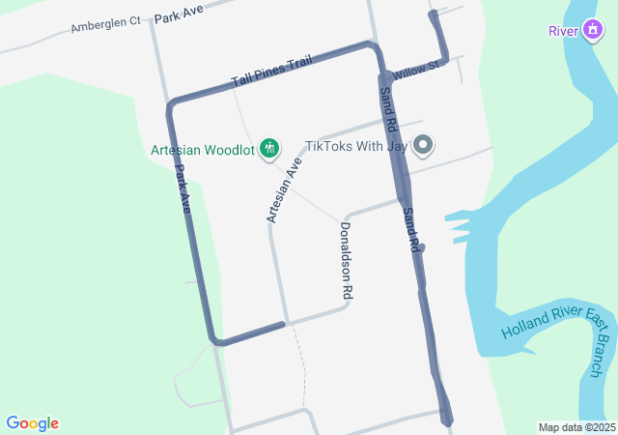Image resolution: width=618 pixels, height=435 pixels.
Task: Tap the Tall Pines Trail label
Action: point(270,72)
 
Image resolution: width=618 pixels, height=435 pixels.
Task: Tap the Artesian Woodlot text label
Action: point(202,150)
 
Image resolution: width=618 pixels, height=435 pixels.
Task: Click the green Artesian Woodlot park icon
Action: point(269,149)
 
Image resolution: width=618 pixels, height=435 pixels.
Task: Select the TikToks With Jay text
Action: point(356,146)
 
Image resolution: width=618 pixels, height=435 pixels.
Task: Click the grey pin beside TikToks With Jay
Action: point(423,146)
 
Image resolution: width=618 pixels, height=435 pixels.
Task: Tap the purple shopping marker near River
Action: point(591,31)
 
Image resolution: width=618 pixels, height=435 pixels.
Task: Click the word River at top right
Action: point(563,31)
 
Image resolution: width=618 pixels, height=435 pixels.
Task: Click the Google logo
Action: point(32,423)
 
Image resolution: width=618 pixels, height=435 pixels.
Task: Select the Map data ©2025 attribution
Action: point(576,427)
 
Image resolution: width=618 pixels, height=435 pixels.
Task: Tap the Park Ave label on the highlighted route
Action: point(183,188)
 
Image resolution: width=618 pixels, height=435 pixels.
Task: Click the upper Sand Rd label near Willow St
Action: point(388,109)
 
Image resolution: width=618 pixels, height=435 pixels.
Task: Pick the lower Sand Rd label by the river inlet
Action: point(412,230)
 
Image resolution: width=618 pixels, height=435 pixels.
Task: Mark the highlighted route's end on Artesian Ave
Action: point(284,324)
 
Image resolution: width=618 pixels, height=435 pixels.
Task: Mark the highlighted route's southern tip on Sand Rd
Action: point(446,420)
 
